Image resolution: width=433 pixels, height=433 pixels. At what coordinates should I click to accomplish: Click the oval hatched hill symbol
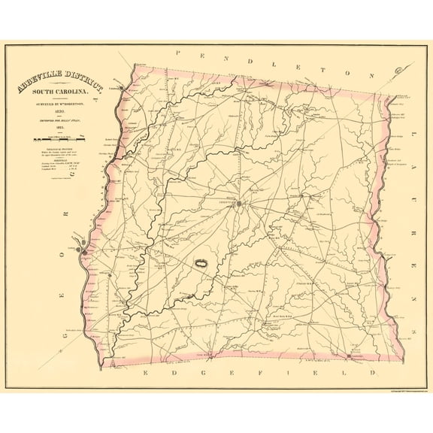tap(201, 265)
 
